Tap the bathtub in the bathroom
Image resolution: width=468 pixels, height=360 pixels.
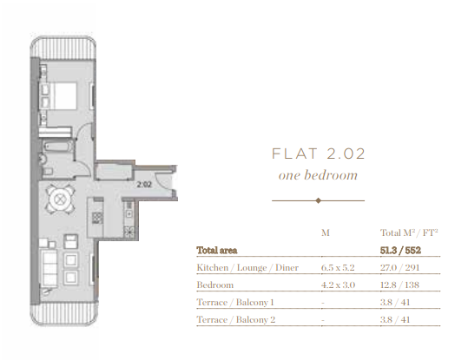[58, 147]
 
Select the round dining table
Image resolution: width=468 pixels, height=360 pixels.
[60, 199]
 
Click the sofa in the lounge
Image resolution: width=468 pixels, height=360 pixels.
[49, 269]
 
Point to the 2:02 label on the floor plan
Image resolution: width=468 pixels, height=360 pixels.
[144, 184]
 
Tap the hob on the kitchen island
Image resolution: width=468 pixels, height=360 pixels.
[97, 218]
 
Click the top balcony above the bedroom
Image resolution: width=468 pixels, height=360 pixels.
[63, 47]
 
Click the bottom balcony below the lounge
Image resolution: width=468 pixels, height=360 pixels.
[64, 313]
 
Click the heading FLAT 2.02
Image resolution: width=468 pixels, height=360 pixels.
[318, 154]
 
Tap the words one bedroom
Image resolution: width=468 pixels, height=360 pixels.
[318, 175]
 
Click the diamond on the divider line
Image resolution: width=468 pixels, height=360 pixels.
[318, 200]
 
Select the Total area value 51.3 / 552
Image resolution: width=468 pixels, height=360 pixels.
[400, 250]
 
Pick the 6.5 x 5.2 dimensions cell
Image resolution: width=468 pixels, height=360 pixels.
[338, 267]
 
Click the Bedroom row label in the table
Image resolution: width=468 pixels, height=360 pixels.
[215, 285]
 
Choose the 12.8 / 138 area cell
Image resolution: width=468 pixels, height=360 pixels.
[399, 285]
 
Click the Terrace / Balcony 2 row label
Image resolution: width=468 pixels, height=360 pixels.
[236, 319]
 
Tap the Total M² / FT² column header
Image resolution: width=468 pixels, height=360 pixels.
[409, 232]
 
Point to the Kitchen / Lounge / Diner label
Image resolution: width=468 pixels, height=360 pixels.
[247, 267]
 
